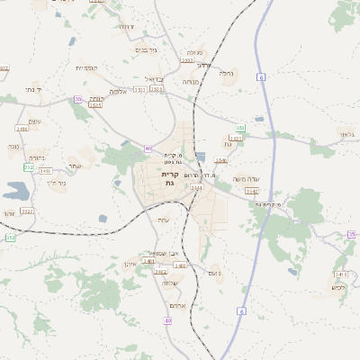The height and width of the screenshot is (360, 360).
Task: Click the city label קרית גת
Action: click(169, 177)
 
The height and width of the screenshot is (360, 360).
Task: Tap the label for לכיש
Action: click(337, 287)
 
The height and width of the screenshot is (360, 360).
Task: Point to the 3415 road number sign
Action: click(95, 104)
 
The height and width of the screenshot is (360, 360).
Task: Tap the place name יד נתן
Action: click(35, 89)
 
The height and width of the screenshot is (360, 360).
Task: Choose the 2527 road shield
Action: click(27, 211)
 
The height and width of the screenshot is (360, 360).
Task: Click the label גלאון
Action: click(346, 133)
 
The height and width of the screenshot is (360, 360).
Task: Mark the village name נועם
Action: click(214, 273)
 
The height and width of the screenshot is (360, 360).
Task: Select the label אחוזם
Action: click(177, 304)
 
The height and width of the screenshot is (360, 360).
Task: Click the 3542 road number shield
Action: click(251, 191)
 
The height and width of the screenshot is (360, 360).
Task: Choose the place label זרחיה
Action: click(126, 27)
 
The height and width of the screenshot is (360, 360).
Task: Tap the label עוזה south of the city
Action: click(163, 220)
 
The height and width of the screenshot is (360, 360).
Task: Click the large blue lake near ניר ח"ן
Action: click(15, 191)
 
